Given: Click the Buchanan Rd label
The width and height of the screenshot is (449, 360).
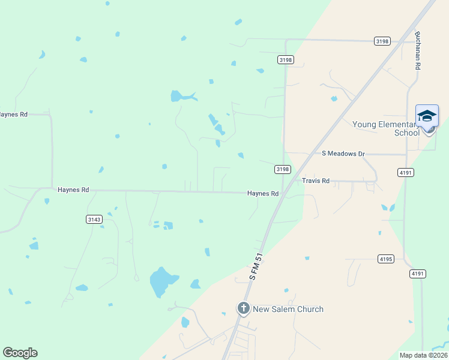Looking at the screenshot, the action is [417, 50].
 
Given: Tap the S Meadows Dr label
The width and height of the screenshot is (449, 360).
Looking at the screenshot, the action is [343, 154].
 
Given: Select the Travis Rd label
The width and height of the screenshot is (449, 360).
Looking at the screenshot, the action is [316, 181].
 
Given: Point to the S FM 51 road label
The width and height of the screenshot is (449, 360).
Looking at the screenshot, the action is [257, 266].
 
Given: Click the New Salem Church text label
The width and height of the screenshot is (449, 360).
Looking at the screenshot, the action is [288, 310].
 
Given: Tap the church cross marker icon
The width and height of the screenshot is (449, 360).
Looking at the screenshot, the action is [244, 309].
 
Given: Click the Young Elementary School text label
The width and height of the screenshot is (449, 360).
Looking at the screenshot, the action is [385, 128].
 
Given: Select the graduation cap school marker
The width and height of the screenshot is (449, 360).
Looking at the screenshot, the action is [427, 116].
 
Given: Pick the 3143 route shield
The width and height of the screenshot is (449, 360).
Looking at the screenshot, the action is [94, 220].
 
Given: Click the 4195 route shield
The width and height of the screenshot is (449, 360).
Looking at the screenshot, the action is [386, 259].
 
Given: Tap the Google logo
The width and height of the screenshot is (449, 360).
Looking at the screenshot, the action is [20, 353].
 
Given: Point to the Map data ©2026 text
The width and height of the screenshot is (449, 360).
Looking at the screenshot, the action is [423, 355].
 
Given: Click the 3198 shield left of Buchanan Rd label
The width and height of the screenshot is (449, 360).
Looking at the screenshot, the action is [382, 41].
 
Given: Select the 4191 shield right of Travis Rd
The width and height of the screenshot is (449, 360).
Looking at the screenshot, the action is [405, 172].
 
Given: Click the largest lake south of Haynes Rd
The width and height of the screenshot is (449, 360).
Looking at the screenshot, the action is [161, 281].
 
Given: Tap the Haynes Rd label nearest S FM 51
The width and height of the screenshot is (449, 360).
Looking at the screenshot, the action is [263, 194].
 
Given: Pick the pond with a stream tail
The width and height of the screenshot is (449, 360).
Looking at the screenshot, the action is [180, 96].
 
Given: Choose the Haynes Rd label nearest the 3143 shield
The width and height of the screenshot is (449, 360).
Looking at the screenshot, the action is [73, 190].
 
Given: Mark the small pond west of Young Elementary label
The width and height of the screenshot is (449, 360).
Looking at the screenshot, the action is [334, 98].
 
